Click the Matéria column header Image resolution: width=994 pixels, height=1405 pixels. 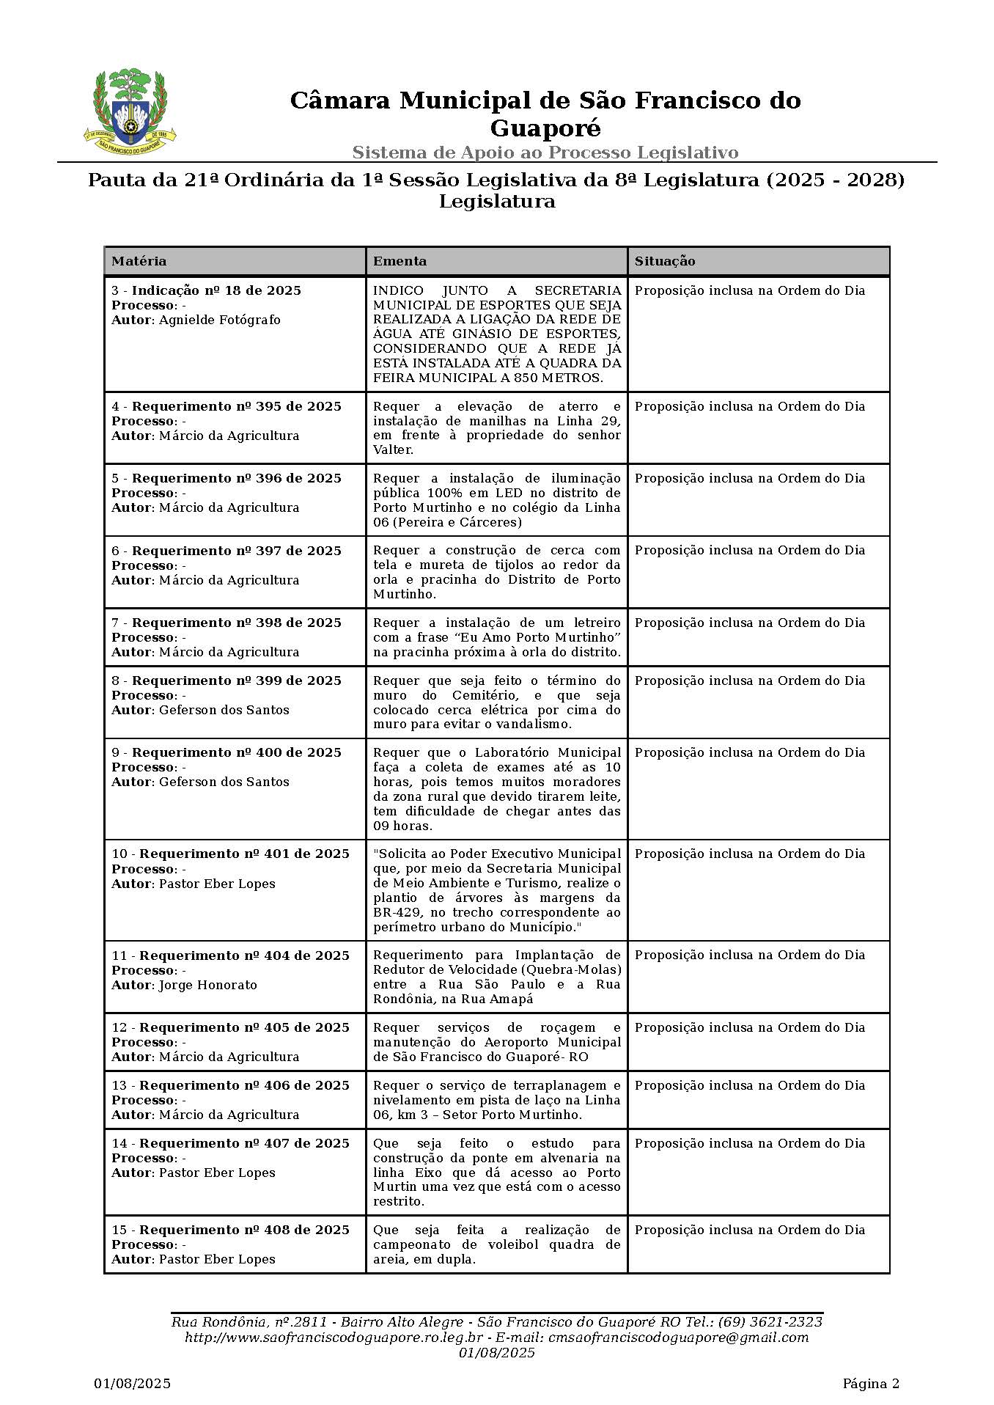pyautogui.click(x=139, y=261)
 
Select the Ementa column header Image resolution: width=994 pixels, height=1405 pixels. pyautogui.click(x=400, y=261)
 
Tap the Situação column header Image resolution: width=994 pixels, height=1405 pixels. pyautogui.click(x=664, y=261)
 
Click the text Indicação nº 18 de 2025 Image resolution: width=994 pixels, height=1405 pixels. pyautogui.click(x=216, y=290)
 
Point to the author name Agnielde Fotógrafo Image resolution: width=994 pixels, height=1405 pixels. pyautogui.click(x=220, y=320)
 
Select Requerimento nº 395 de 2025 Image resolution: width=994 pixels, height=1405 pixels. pyautogui.click(x=236, y=406)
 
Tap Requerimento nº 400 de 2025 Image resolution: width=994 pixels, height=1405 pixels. pyautogui.click(x=236, y=752)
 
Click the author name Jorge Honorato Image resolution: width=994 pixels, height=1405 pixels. pyautogui.click(x=208, y=985)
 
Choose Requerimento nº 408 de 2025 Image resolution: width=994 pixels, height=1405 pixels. pyautogui.click(x=244, y=1230)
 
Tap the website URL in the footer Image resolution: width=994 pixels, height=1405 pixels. pyautogui.click(x=334, y=1337)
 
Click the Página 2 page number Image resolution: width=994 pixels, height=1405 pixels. pyautogui.click(x=870, y=1384)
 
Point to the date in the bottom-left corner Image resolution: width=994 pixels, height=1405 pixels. pyautogui.click(x=132, y=1384)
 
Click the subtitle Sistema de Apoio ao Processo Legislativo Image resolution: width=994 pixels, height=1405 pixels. pyautogui.click(x=545, y=153)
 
